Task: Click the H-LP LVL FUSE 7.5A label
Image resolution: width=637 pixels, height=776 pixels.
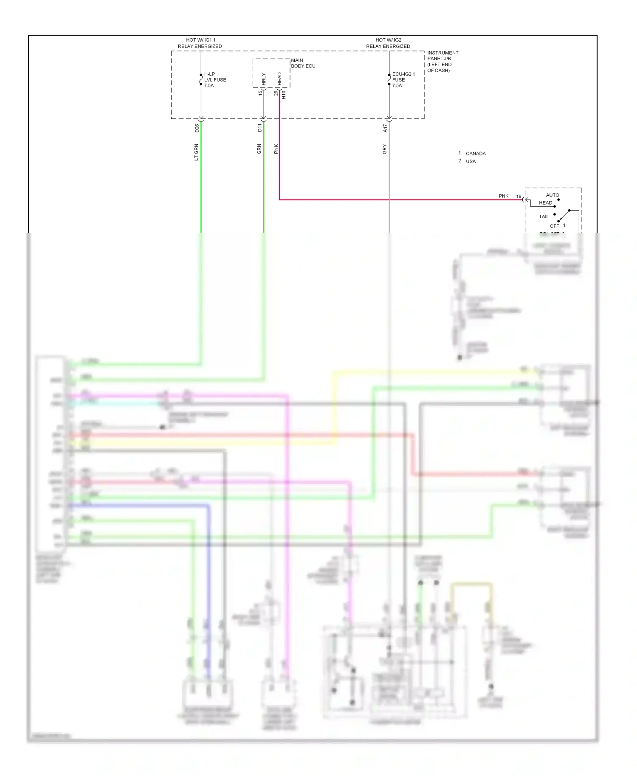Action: pos(215,80)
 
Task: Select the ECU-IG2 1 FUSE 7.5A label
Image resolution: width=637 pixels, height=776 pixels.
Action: pos(403,80)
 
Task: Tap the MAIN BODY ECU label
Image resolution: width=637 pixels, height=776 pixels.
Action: pos(303,63)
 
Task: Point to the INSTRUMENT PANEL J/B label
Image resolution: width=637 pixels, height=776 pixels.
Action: pos(442,62)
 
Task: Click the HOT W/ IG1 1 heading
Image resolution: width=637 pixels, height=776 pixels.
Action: pos(200,43)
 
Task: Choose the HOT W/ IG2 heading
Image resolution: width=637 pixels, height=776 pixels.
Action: pos(388,43)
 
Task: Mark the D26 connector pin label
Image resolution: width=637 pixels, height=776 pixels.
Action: pos(197,128)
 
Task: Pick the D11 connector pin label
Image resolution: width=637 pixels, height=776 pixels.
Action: pos(260,127)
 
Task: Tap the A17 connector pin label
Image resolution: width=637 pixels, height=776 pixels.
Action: pos(385,128)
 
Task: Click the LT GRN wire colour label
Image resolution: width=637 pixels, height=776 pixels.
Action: pos(196,152)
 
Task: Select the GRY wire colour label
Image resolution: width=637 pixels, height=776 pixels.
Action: pos(385,149)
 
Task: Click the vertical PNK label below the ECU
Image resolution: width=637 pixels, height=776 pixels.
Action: pos(276,149)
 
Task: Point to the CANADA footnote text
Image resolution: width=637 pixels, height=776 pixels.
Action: pos(476,154)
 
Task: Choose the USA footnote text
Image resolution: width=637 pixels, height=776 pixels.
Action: pos(471,162)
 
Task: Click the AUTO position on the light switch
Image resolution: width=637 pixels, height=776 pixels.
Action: pos(552,195)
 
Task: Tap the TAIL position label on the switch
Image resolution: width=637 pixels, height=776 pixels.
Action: pos(544,216)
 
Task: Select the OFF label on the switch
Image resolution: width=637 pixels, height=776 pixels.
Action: pos(554,226)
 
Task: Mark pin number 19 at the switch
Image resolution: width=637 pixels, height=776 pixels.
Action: pos(519,197)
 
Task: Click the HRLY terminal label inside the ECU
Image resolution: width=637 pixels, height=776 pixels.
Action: pos(264,79)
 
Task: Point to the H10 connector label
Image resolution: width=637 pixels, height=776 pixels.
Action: pos(284,95)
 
